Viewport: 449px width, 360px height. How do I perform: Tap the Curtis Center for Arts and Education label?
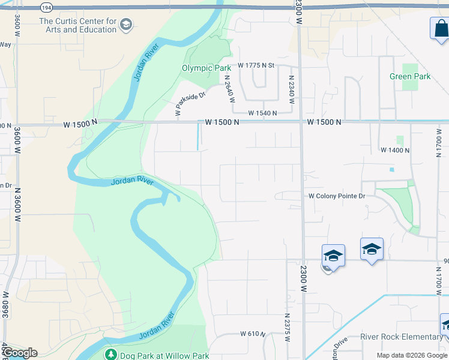tap(77, 25)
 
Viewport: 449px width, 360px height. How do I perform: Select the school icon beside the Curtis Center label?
tap(125, 25)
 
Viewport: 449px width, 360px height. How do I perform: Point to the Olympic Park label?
tap(206, 68)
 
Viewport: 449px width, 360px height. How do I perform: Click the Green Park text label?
tap(410, 76)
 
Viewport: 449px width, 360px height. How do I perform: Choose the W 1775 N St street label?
tap(256, 65)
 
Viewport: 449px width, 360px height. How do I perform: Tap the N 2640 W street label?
tap(229, 88)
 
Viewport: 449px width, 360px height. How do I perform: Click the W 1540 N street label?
tap(263, 113)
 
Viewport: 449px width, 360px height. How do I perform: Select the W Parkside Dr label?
tap(191, 103)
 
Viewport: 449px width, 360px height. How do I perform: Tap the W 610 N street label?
tap(253, 334)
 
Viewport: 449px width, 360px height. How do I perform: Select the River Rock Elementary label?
tap(401, 337)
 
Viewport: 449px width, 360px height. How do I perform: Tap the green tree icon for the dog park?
tap(110, 355)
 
